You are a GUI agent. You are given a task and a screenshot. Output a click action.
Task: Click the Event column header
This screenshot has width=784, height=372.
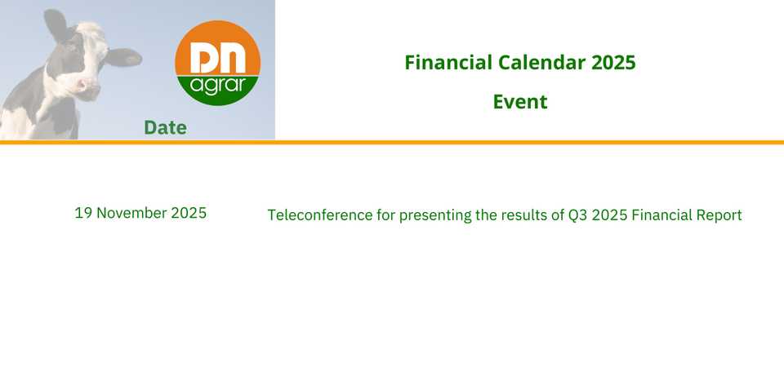[x=520, y=102]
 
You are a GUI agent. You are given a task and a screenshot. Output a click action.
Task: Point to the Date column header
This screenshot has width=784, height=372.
[x=166, y=128]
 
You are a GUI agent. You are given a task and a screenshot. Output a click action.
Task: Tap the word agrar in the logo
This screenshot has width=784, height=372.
[x=218, y=86]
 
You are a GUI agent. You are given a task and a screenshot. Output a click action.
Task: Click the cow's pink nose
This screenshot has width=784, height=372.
[x=83, y=86]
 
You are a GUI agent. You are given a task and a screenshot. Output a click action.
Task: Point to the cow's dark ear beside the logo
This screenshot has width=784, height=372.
[x=123, y=57]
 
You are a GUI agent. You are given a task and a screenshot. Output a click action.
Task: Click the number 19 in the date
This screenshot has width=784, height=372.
[x=83, y=213]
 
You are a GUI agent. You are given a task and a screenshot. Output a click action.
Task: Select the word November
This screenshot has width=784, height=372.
[x=131, y=213]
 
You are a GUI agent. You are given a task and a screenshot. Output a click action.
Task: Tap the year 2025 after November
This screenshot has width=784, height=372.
[x=189, y=213]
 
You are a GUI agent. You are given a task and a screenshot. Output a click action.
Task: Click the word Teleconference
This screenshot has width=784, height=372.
[x=320, y=215]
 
